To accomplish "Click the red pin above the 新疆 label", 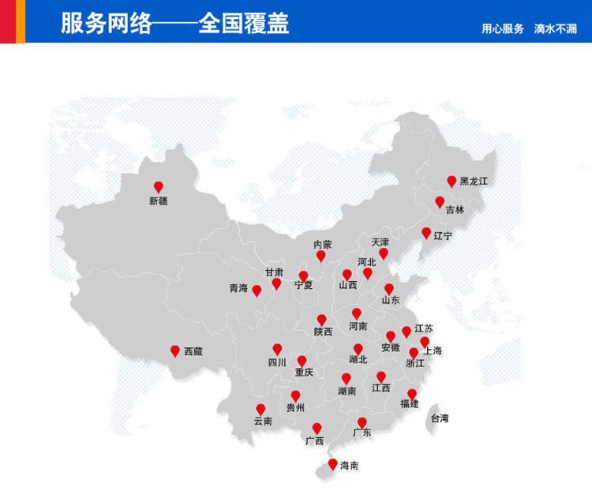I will tap(158, 186).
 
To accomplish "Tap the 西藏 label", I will tap(193, 351).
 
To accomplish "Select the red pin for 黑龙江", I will tap(451, 181).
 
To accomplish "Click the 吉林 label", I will tap(455, 210).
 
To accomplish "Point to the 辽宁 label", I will tap(443, 235).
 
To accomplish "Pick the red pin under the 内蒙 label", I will tap(321, 256).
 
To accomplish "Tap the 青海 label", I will tap(238, 289).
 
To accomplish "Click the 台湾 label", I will tap(439, 418).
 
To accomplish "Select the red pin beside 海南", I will tap(332, 463).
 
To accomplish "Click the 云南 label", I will tap(263, 422).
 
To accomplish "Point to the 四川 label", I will tap(277, 363).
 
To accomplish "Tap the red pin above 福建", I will tap(411, 393).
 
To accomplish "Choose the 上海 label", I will tap(433, 350).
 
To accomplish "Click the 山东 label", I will tap(391, 301).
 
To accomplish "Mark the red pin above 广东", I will tap(362, 422).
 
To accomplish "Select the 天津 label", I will tap(380, 241).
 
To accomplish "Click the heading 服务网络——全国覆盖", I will tap(174, 23).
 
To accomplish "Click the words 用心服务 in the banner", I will tap(503, 29).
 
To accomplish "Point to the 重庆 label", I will tap(304, 372).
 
